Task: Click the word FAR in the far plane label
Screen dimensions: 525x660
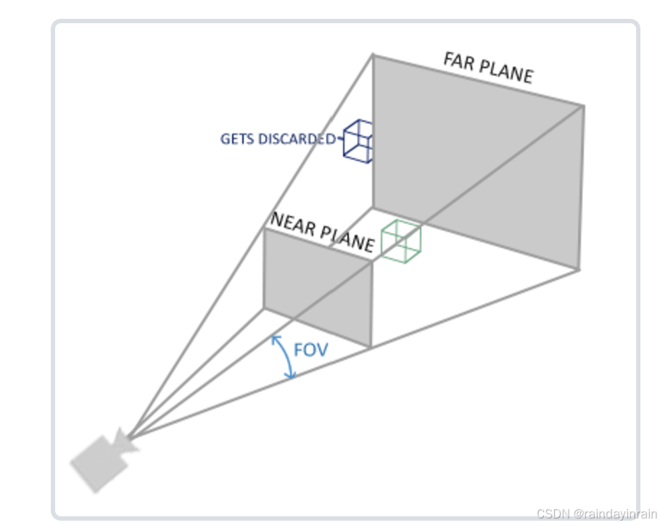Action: pyautogui.click(x=459, y=62)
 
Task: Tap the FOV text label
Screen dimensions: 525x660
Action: pyautogui.click(x=310, y=350)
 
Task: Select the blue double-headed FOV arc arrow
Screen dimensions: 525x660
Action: pyautogui.click(x=283, y=357)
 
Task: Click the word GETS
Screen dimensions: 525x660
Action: pyautogui.click(x=237, y=139)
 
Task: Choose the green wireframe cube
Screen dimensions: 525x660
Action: pyautogui.click(x=400, y=240)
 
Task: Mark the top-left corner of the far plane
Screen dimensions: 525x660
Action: pyautogui.click(x=374, y=54)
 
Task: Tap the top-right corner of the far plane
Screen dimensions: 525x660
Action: pyautogui.click(x=584, y=106)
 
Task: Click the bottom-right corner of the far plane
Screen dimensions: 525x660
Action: pyautogui.click(x=579, y=269)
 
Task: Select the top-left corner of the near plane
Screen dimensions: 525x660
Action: pyautogui.click(x=264, y=230)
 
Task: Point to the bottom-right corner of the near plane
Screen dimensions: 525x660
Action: pyautogui.click(x=371, y=347)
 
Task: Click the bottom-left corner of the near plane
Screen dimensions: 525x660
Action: pyautogui.click(x=264, y=307)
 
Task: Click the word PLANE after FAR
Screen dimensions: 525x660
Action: pyautogui.click(x=505, y=72)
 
